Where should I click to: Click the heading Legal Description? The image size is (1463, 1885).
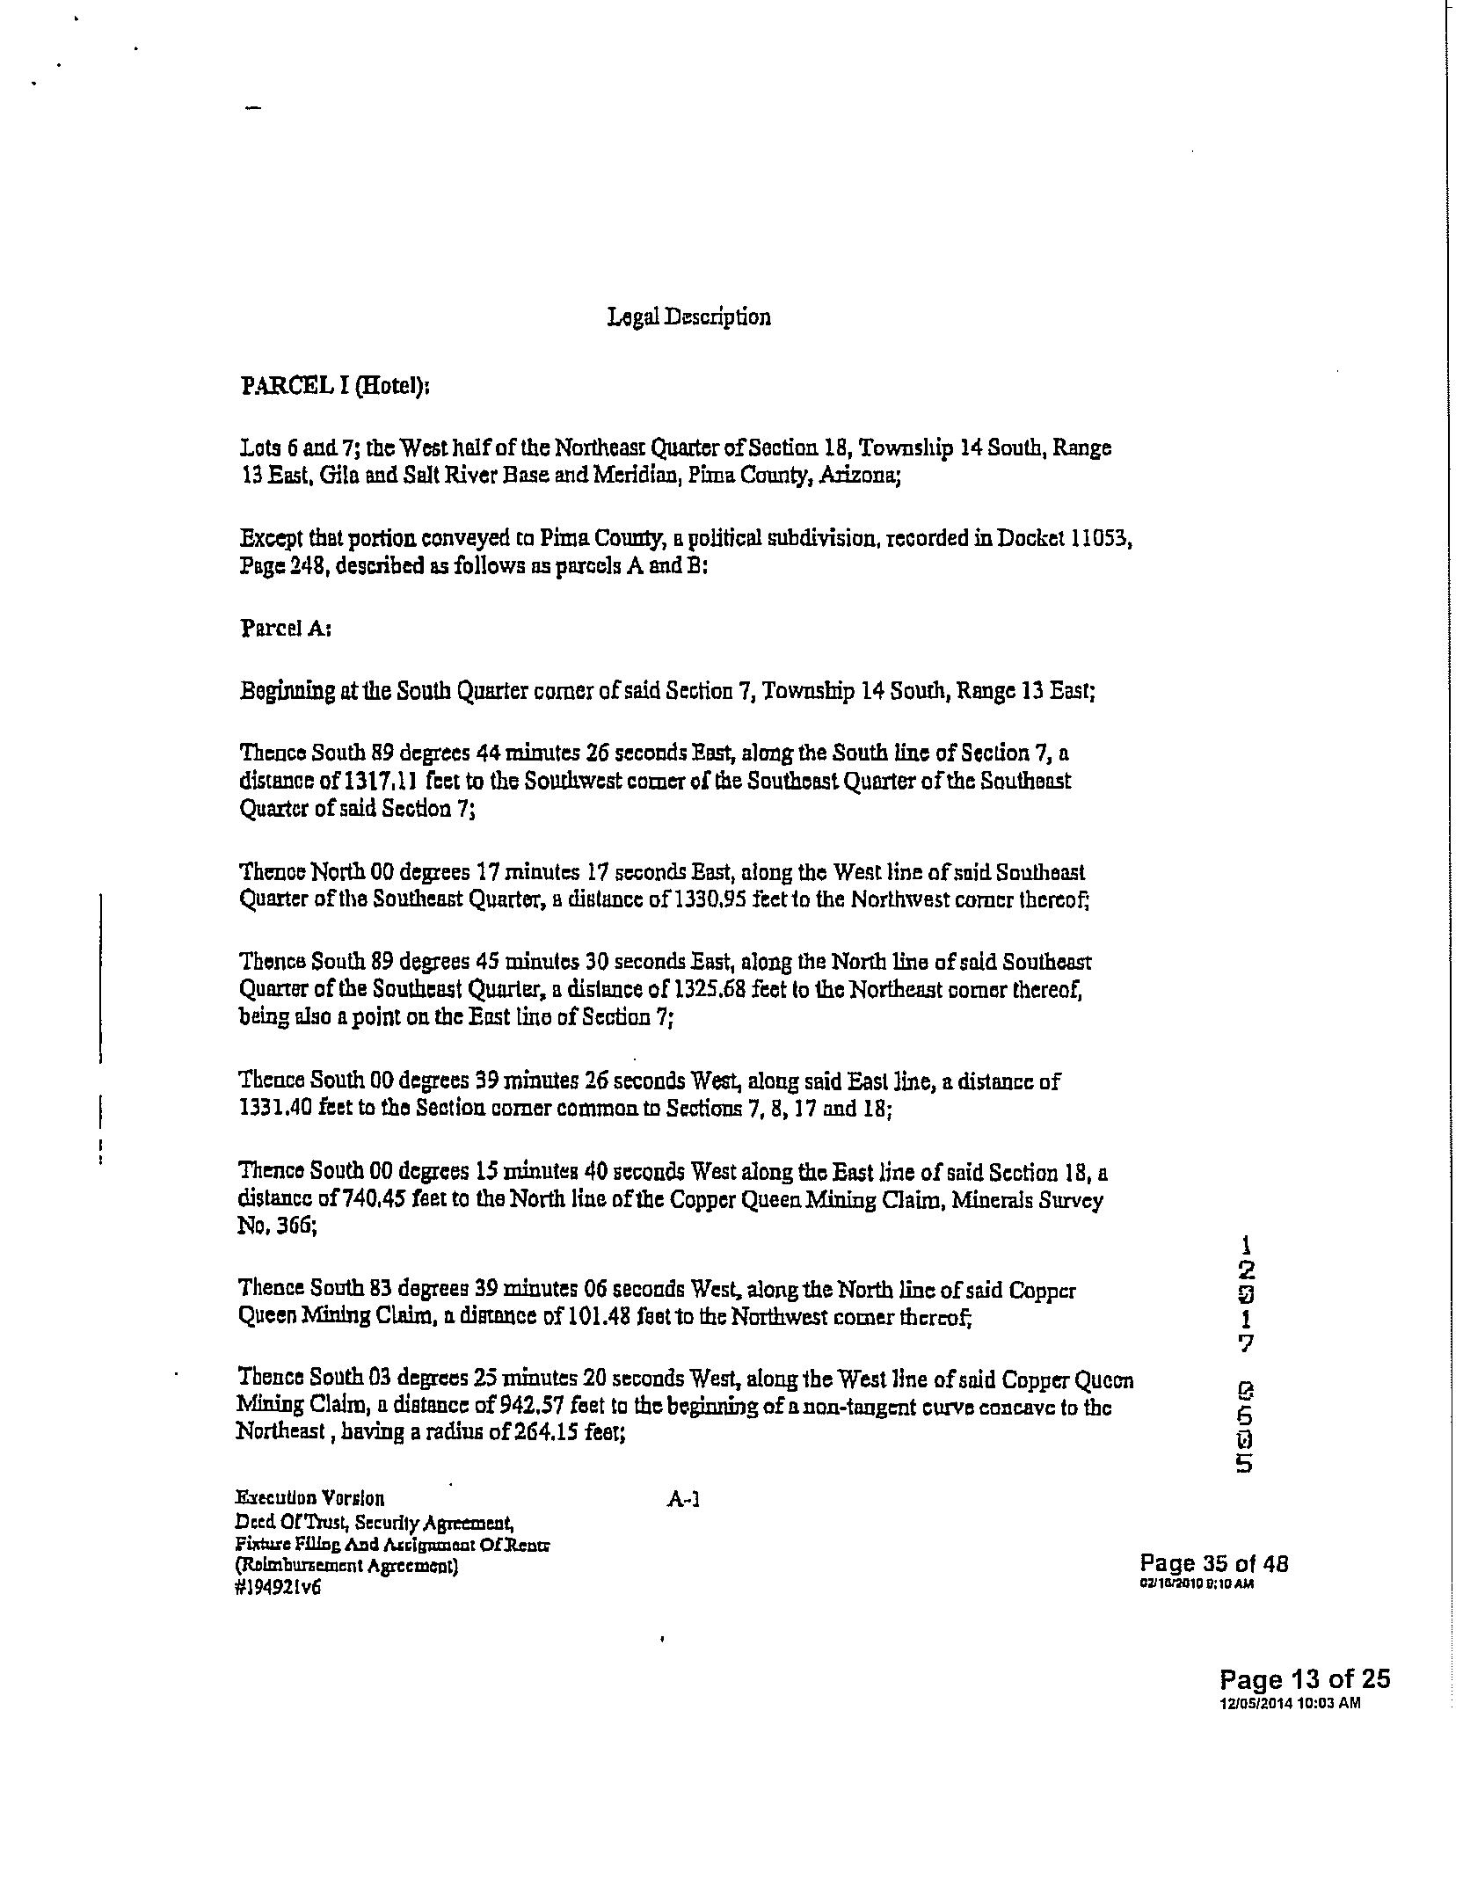coord(689,317)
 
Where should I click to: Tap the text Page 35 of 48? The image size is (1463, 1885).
coord(1213,1563)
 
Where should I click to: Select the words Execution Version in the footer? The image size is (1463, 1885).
coord(309,1498)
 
